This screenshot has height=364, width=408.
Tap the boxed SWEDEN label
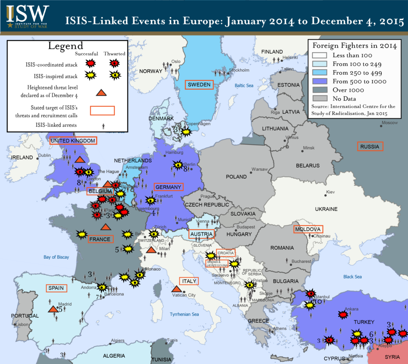[199, 84]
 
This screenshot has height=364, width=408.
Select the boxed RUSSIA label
[370, 146]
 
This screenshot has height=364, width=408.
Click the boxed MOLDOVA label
[308, 229]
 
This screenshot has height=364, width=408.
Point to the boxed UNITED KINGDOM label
[73, 141]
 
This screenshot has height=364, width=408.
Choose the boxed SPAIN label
[57, 288]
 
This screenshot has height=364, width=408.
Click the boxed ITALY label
[189, 281]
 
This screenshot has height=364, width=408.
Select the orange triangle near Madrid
[53, 309]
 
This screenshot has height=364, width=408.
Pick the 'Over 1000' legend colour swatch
[319, 90]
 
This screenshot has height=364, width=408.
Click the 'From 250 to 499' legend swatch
[319, 73]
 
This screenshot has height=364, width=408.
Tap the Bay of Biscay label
[56, 257]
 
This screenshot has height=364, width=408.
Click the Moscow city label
[389, 123]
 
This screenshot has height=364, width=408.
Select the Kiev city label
[331, 192]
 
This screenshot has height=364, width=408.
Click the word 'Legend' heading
[66, 46]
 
